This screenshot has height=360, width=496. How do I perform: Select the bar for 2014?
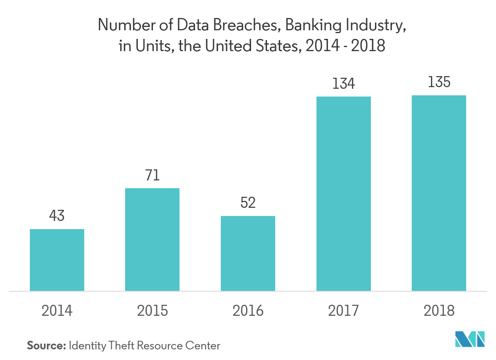57,260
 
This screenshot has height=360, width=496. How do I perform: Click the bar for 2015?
152,239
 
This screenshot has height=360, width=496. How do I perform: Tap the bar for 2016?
248,253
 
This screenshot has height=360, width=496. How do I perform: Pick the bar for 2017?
343,193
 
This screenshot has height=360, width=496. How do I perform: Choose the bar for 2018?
439,193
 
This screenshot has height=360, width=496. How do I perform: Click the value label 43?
57,216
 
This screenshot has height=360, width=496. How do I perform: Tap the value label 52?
248,203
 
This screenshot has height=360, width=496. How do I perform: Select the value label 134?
343,83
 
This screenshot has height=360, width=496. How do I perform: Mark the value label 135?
439,82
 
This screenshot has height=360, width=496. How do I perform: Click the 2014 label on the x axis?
57,311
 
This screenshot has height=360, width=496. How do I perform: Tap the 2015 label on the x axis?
152,311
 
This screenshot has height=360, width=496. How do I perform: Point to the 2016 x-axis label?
248,311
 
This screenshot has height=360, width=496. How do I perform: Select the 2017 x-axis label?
343,311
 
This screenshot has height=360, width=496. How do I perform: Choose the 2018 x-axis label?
439,311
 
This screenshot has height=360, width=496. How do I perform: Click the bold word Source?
46,346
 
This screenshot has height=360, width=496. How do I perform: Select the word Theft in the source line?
120,346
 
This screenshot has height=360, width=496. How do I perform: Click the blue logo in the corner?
470,339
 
